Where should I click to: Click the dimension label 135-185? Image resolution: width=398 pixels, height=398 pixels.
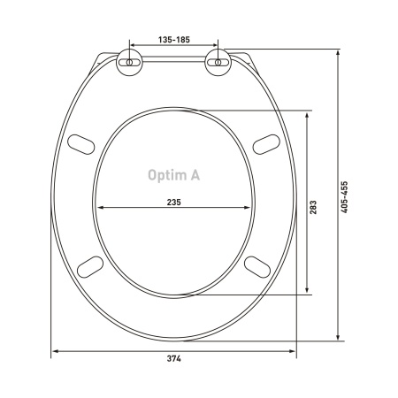click(174, 40)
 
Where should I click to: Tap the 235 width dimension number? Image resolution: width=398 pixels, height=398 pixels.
click(174, 203)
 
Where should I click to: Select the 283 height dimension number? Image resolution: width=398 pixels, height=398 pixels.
click(313, 207)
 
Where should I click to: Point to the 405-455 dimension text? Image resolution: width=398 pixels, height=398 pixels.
click(344, 197)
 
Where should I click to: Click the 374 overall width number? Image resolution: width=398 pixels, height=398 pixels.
click(174, 358)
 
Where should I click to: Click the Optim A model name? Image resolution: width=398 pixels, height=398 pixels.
click(174, 175)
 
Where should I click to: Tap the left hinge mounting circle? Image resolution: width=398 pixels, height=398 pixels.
click(129, 63)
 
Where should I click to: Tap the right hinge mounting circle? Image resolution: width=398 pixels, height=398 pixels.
click(218, 63)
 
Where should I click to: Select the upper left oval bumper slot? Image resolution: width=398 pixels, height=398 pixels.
click(81, 144)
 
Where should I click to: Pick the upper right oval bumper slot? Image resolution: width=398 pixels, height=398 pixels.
click(266, 144)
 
